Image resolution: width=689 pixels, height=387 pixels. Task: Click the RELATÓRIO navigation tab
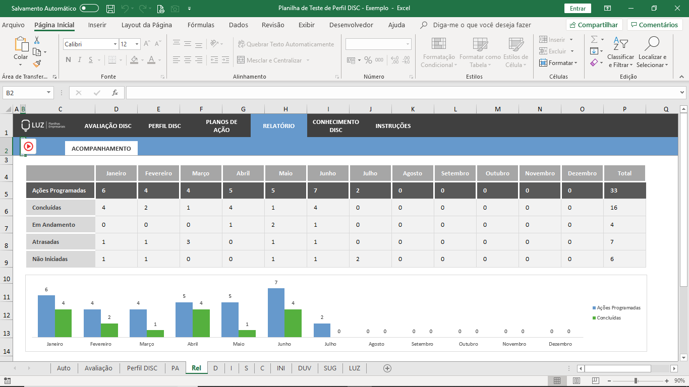tap(278, 125)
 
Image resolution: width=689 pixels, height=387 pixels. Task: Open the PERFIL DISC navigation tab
tap(164, 125)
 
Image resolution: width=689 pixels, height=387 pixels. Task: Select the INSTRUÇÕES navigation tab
tap(393, 125)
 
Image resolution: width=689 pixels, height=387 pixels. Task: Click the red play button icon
tap(28, 147)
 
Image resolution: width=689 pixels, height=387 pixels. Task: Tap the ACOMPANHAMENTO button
tap(101, 149)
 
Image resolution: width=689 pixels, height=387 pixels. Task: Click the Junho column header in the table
tap(327, 173)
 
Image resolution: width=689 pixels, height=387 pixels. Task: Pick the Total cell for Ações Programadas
tap(625, 190)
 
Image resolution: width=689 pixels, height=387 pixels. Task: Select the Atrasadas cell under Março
tap(201, 242)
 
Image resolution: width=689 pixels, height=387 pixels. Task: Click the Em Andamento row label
tap(54, 225)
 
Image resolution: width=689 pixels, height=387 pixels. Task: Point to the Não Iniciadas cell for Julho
tap(370, 259)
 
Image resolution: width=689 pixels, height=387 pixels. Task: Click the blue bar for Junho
tap(276, 312)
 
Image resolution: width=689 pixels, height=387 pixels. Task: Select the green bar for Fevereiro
tap(109, 330)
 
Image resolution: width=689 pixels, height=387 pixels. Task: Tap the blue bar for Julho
tap(322, 330)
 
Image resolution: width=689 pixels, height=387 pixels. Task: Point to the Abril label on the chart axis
tap(193, 344)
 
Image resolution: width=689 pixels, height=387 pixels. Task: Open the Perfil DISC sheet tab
tap(142, 368)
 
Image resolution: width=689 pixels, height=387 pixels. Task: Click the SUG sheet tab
tap(330, 368)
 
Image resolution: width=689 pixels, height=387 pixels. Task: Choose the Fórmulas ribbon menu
tap(201, 25)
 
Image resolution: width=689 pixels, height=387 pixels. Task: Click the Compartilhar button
tap(594, 25)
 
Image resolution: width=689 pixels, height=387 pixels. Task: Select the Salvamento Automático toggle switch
tap(89, 8)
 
